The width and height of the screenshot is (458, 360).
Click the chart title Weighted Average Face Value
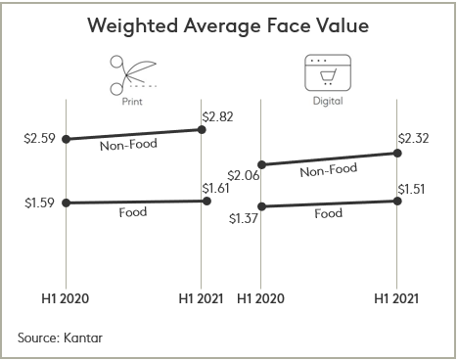coord(228,25)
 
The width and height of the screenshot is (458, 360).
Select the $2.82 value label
coord(219,117)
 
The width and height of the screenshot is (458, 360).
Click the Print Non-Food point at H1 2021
coord(203,130)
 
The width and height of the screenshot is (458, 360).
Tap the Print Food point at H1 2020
coord(66,202)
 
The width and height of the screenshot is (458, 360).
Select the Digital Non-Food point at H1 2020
coord(260,164)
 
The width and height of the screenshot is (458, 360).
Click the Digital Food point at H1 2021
coord(397,201)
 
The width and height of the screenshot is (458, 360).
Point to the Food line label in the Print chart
coord(133,211)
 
